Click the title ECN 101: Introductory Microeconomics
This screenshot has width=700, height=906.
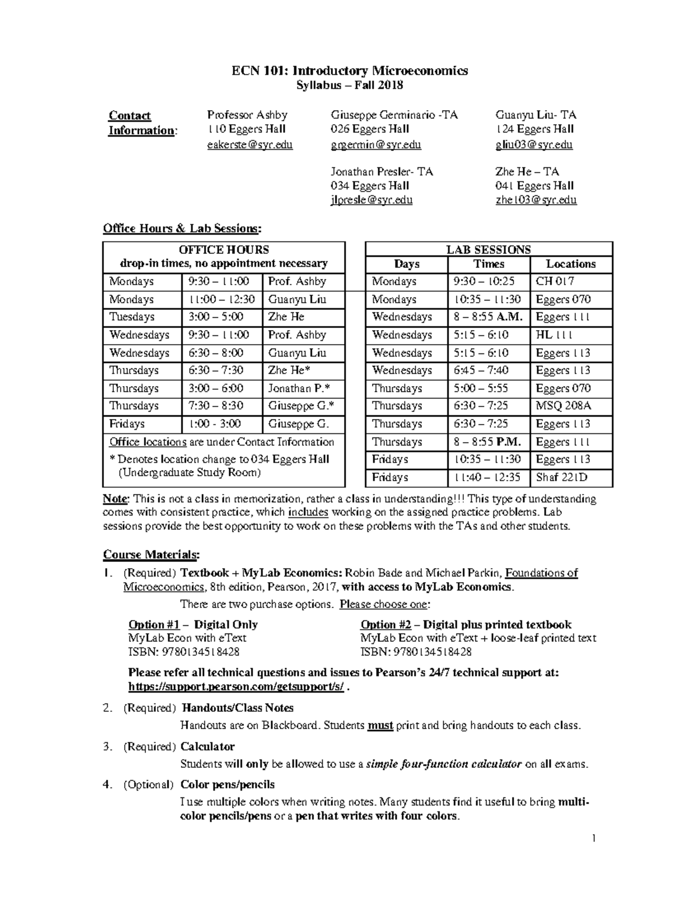tap(349, 71)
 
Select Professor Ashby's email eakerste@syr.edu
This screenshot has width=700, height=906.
tap(250, 145)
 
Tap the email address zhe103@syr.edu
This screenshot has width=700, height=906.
tap(535, 200)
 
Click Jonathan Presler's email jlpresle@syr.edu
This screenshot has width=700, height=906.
tap(372, 200)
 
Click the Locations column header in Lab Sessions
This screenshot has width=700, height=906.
tap(570, 264)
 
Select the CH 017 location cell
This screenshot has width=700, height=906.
tap(555, 282)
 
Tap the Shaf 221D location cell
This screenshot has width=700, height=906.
tap(561, 477)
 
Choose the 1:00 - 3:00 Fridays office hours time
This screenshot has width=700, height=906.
tap(214, 424)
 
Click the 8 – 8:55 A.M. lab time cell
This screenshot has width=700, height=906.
tap(488, 317)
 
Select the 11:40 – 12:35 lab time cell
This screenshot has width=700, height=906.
tap(487, 477)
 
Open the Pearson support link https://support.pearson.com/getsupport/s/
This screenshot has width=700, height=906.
tap(236, 687)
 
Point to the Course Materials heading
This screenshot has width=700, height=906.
tap(151, 554)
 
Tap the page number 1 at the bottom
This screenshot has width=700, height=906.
tap(593, 839)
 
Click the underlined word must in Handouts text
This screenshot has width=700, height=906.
tap(380, 726)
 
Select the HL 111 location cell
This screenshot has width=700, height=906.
tap(554, 335)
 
